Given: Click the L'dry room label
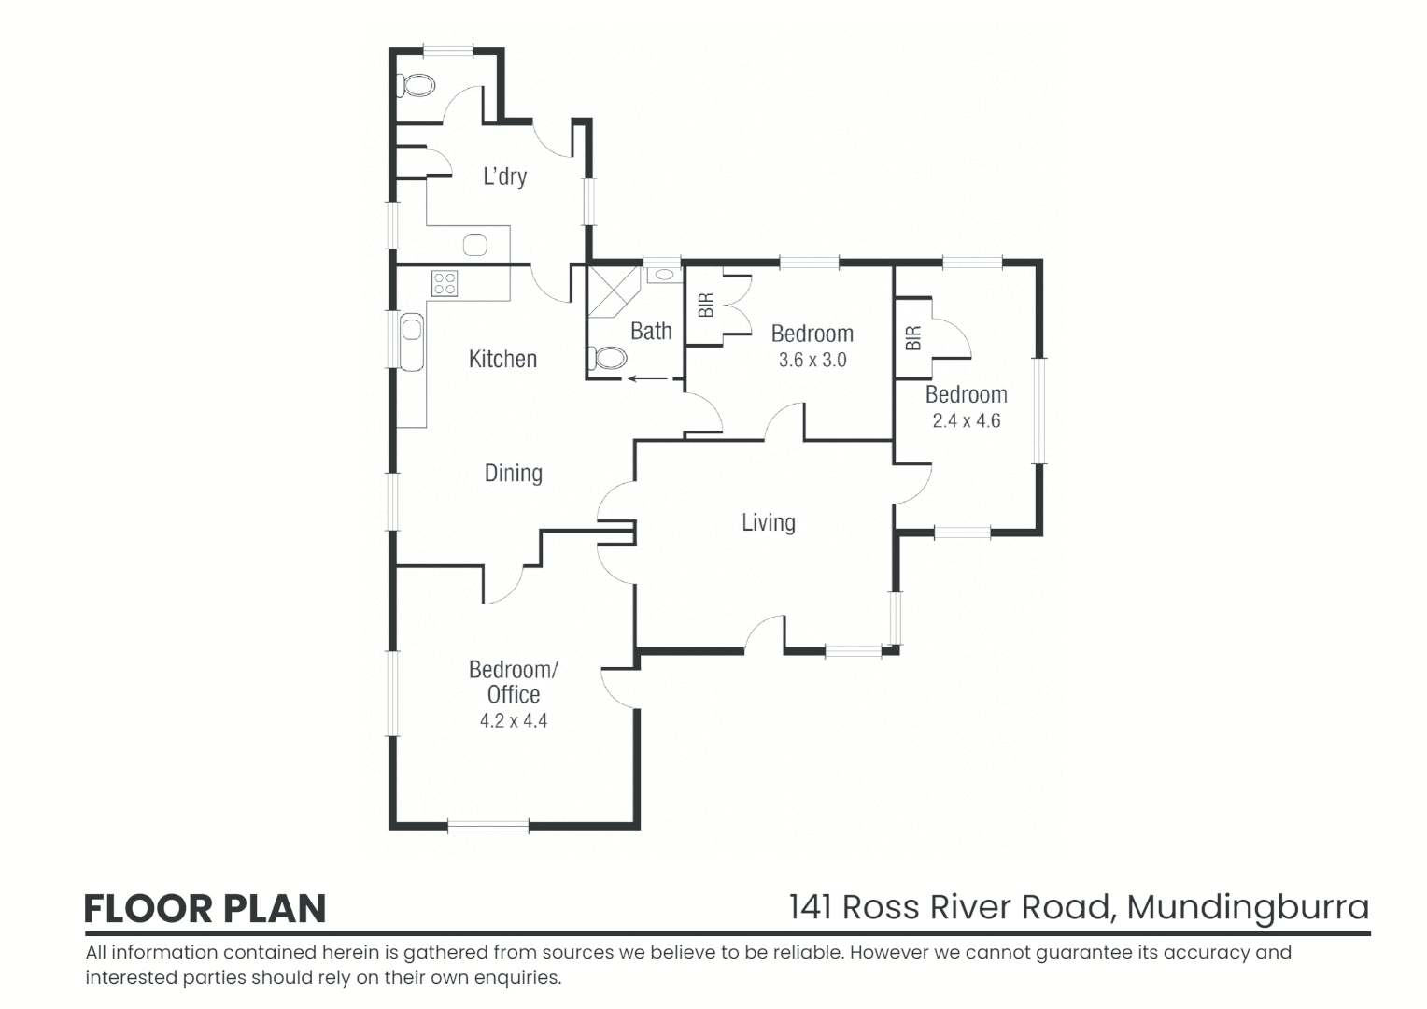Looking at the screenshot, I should point(504,176).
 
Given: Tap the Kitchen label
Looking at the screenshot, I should point(502,359).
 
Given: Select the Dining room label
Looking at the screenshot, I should point(513,473).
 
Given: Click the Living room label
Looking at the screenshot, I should point(768,522).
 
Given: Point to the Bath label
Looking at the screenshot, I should point(651,331).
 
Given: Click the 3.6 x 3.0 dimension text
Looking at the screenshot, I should point(812,360).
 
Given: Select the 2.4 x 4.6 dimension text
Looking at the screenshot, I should point(966,420).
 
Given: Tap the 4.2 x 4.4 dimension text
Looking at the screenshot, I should point(513,720).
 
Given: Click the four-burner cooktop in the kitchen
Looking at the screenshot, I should point(445,282).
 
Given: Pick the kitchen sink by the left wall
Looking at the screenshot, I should point(412,341).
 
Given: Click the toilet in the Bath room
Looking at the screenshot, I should point(608,357).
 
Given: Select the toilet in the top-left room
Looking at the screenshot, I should point(417,86).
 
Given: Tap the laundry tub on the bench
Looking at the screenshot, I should point(476,246).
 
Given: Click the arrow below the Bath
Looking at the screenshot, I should point(648,378).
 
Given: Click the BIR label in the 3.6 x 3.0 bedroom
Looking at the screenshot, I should point(706,305).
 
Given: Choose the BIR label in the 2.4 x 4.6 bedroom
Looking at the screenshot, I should point(913,337).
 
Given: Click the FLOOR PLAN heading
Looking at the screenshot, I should point(205,908).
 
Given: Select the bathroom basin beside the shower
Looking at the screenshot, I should point(663,275).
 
